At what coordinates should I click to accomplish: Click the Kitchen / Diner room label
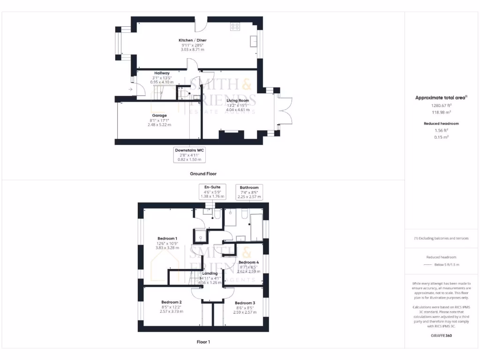pyautogui.click(x=192, y=40)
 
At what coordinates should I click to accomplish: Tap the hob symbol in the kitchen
pyautogui.click(x=235, y=27)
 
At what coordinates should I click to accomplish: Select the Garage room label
pyautogui.click(x=159, y=115)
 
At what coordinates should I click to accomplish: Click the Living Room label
pyautogui.click(x=238, y=100)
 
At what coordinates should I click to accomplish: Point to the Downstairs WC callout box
pyautogui.click(x=190, y=155)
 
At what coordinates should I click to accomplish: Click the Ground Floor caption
pyautogui.click(x=203, y=173)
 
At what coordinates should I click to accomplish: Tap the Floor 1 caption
pyautogui.click(x=203, y=342)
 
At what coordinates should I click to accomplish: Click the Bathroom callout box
pyautogui.click(x=249, y=192)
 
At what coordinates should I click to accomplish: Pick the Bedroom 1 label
pyautogui.click(x=166, y=239)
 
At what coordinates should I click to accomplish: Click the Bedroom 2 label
pyautogui.click(x=171, y=302)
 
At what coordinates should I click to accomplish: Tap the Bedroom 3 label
pyautogui.click(x=245, y=303)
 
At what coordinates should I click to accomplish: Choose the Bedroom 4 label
pyautogui.click(x=248, y=262)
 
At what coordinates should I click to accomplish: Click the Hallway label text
pyautogui.click(x=162, y=73)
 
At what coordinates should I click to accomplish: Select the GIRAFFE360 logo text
pyautogui.click(x=441, y=336)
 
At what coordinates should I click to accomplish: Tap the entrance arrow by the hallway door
pyautogui.click(x=130, y=89)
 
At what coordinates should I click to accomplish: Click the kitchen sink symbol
pyautogui.click(x=254, y=41)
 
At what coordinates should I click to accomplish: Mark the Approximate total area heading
pyautogui.click(x=441, y=97)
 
